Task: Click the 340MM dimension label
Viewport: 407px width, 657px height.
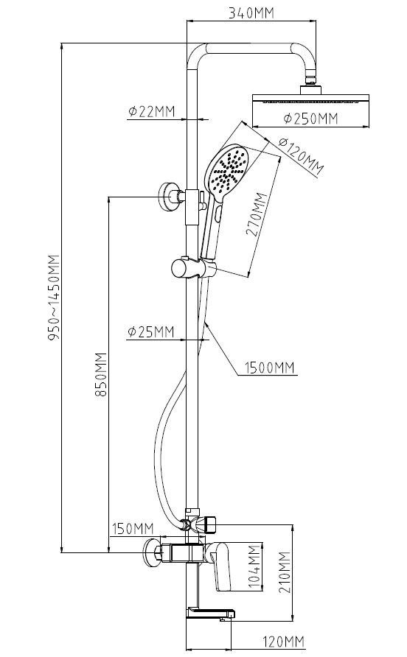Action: pos(251,13)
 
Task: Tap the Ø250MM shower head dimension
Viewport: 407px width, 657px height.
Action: pos(311,119)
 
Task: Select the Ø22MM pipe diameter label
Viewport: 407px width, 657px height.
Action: pos(151,111)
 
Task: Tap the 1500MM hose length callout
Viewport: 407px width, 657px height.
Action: pos(270,368)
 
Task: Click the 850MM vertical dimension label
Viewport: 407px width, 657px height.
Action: pos(101,374)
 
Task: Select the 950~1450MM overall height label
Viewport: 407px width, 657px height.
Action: pos(55,297)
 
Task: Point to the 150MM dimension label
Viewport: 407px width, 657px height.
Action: pos(133,529)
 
